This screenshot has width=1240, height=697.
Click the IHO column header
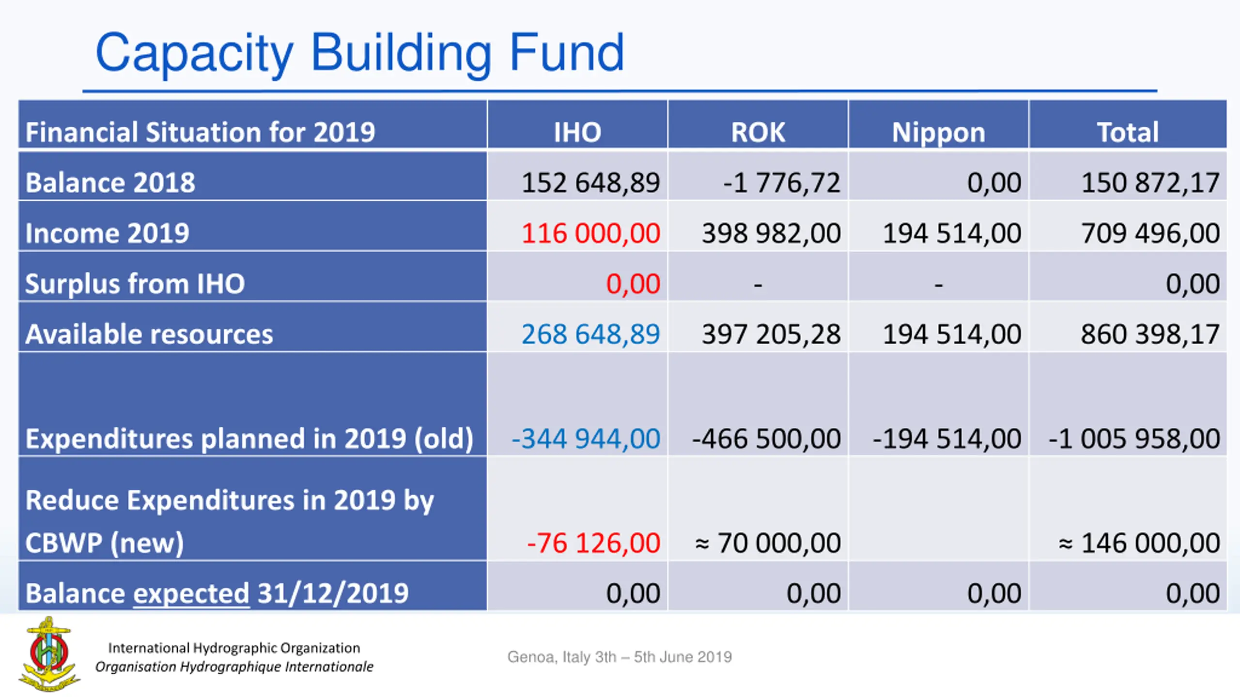point(577,132)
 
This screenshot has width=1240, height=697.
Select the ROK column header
point(758,132)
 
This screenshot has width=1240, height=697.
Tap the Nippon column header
point(939,132)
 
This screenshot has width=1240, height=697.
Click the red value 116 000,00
point(591,233)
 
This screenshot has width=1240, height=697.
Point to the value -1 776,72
point(781,183)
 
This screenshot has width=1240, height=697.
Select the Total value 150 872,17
point(1150,183)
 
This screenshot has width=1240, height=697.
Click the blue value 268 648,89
point(591,334)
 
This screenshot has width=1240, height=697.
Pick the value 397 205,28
point(772,334)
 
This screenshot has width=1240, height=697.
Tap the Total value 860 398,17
point(1150,334)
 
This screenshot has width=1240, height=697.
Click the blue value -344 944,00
point(586,439)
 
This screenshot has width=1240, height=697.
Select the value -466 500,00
point(767,439)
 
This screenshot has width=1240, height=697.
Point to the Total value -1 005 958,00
point(1134,439)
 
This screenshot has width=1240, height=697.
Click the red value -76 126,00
point(594,543)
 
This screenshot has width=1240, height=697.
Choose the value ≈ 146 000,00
point(1139,543)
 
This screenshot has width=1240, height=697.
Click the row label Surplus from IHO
point(135,284)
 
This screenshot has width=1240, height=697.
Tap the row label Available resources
point(149,334)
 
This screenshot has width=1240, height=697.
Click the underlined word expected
point(191,593)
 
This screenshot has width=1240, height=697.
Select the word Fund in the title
point(567,52)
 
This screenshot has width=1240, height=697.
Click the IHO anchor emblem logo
point(49,653)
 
